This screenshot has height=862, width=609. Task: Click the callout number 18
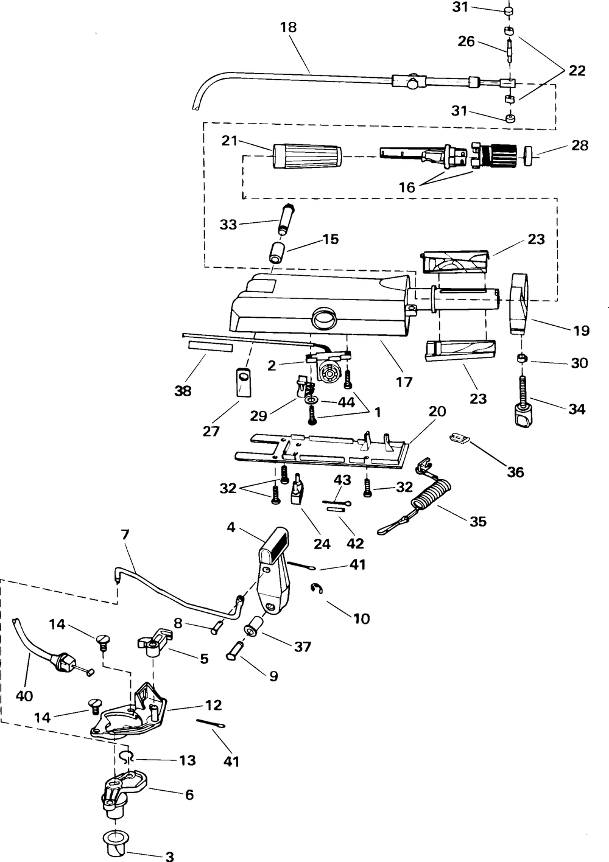click(289, 27)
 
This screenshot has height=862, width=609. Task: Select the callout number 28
click(580, 145)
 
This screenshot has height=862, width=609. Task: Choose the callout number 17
click(404, 382)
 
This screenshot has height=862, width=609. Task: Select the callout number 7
click(125, 535)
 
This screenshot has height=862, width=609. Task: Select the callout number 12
click(213, 705)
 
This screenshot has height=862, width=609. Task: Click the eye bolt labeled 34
click(523, 401)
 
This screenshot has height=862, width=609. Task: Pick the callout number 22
click(577, 71)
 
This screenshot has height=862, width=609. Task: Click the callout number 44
click(346, 402)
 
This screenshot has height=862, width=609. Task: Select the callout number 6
click(189, 794)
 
